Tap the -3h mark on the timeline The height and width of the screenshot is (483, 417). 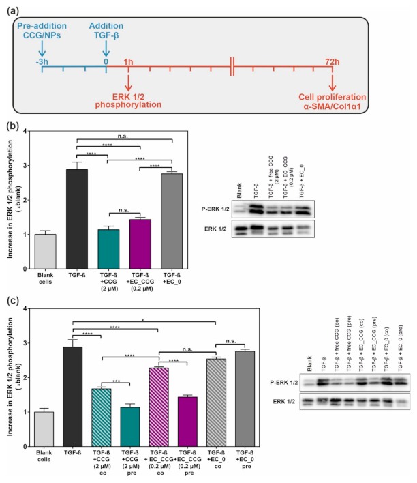(42, 62)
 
